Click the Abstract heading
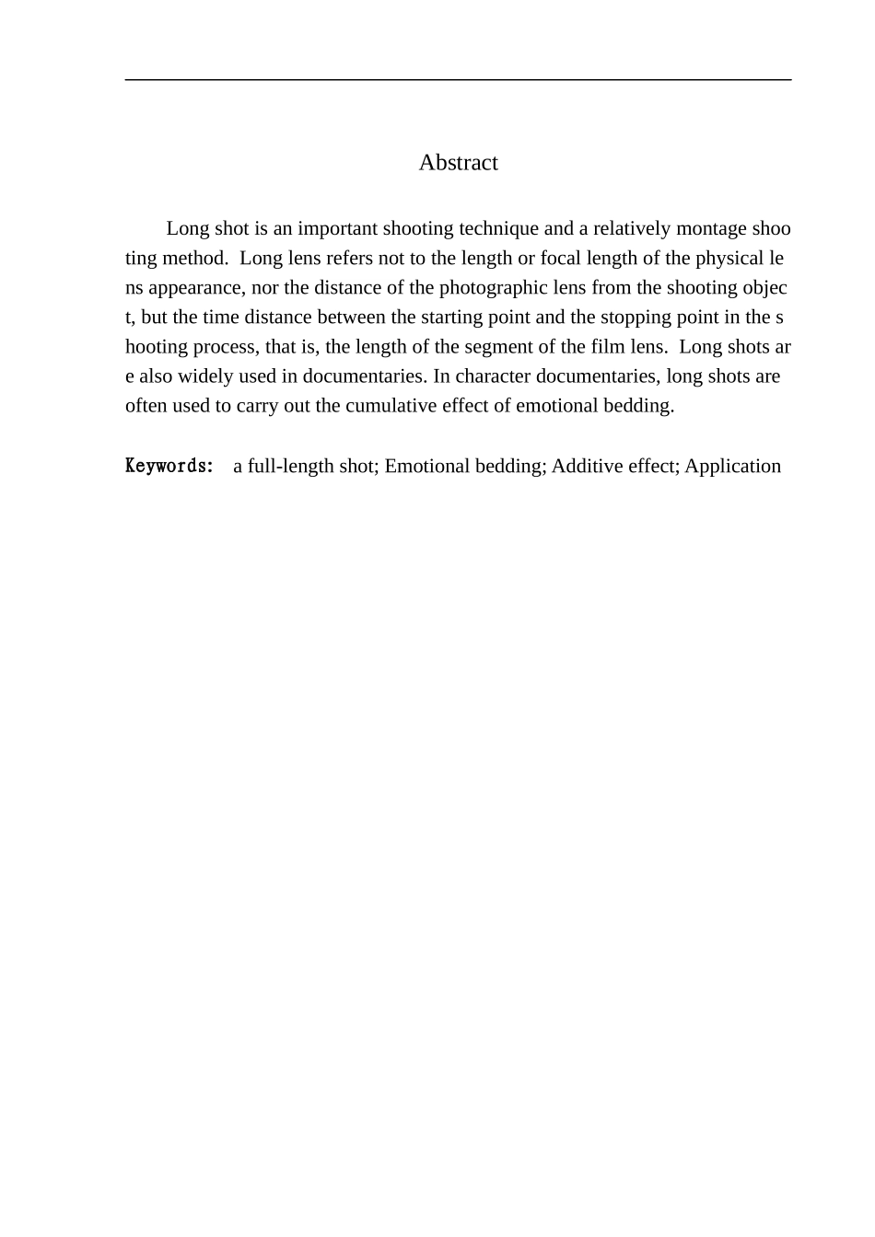[458, 163]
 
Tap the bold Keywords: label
[169, 466]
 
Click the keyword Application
[732, 466]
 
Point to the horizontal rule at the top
[458, 80]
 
